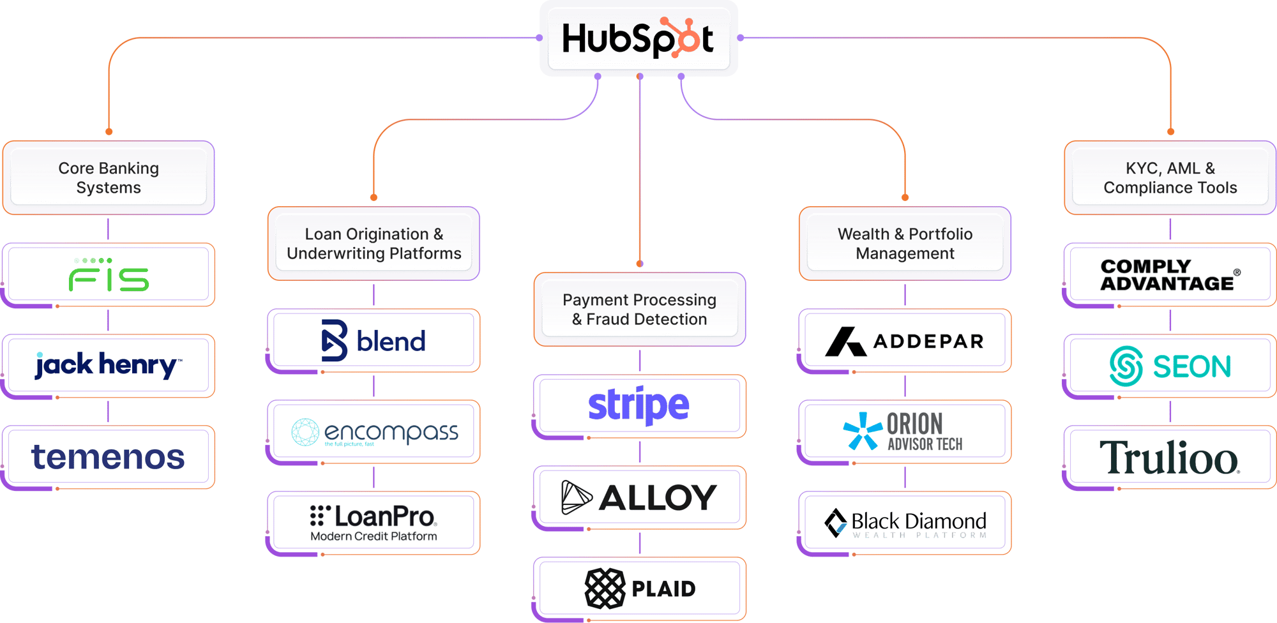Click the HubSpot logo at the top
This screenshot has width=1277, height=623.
(x=638, y=38)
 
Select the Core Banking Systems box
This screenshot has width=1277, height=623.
(x=109, y=177)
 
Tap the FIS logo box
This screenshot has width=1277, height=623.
(x=109, y=275)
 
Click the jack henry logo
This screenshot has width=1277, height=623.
(x=109, y=365)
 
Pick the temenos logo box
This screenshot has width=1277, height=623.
(x=109, y=457)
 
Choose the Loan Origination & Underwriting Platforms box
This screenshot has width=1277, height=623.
(x=374, y=243)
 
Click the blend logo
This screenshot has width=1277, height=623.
(x=374, y=341)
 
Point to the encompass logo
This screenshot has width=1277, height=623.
(x=374, y=432)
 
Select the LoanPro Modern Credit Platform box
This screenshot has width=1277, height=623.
(x=374, y=523)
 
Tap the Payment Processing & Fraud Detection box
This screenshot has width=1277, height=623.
(x=639, y=309)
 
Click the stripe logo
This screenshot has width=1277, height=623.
(x=639, y=406)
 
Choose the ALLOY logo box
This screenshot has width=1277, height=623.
(x=639, y=497)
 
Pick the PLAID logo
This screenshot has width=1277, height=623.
(x=639, y=588)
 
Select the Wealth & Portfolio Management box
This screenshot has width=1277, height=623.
(x=905, y=243)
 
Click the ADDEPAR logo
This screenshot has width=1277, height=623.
(x=905, y=341)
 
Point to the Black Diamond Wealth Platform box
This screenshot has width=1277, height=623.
(x=905, y=523)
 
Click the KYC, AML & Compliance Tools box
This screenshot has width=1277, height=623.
(x=1170, y=177)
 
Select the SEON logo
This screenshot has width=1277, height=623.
(x=1170, y=366)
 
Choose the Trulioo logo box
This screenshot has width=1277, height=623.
(x=1170, y=457)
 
